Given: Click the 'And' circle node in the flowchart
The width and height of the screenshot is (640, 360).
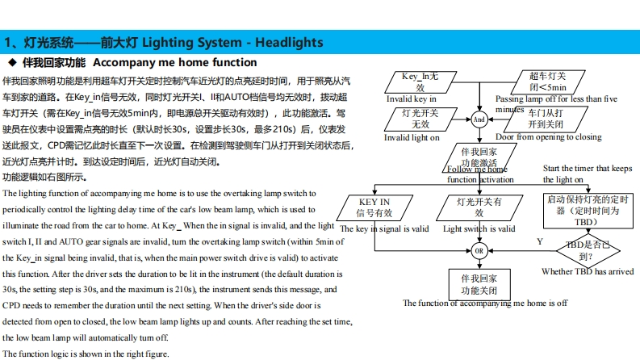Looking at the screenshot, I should tap(479, 119).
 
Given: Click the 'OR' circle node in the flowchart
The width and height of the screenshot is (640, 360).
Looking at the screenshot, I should tap(479, 251).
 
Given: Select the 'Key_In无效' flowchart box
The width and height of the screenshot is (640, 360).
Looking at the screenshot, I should tap(420, 82).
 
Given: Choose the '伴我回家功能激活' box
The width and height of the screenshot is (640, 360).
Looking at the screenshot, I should tap(479, 156).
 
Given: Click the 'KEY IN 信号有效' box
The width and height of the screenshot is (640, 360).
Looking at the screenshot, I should tap(374, 207).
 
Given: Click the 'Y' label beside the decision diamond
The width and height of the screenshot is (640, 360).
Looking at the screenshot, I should tap(540, 241).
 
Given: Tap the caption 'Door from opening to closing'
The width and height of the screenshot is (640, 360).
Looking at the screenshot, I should tap(548, 137).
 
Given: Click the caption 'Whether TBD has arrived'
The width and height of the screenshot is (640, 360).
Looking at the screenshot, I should tap(588, 272).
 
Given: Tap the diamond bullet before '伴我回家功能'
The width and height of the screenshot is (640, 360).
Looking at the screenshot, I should tap(11, 62).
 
